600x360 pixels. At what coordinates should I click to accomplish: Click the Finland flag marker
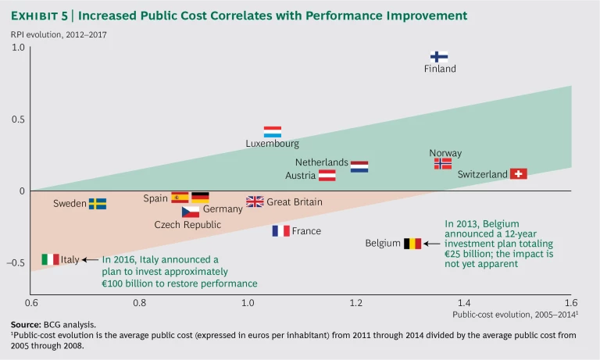pyautogui.click(x=439, y=56)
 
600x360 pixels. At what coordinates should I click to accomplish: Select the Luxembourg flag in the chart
pyautogui.click(x=272, y=132)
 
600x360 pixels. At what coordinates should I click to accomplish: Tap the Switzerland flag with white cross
pyautogui.click(x=518, y=173)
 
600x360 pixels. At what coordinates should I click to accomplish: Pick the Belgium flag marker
pyautogui.click(x=412, y=244)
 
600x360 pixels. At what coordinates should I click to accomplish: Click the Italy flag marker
pyautogui.click(x=51, y=259)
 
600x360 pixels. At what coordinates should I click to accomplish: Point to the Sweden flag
pyautogui.click(x=97, y=203)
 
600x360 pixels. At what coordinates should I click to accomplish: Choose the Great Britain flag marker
pyautogui.click(x=255, y=201)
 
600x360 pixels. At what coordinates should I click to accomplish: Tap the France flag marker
pyautogui.click(x=280, y=230)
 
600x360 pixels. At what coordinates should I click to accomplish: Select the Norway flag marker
pyautogui.click(x=443, y=164)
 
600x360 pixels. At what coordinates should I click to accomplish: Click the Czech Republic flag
pyautogui.click(x=190, y=212)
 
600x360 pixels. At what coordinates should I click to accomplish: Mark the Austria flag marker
pyautogui.click(x=327, y=176)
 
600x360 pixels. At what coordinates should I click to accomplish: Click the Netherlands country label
pyautogui.click(x=321, y=162)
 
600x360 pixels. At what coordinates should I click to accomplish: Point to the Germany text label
pyautogui.click(x=223, y=209)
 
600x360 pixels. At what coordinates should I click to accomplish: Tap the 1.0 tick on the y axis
pyautogui.click(x=19, y=48)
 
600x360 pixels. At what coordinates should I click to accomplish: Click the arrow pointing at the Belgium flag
pyautogui.click(x=432, y=244)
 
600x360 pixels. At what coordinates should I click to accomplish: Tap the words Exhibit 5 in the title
pyautogui.click(x=41, y=16)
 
